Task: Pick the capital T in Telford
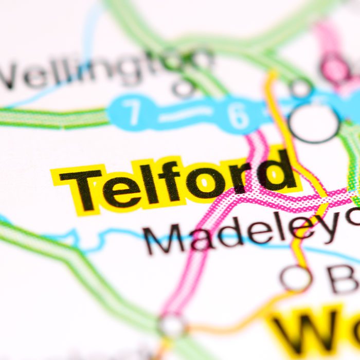click(82, 188)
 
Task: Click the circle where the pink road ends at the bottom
click(172, 325)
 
